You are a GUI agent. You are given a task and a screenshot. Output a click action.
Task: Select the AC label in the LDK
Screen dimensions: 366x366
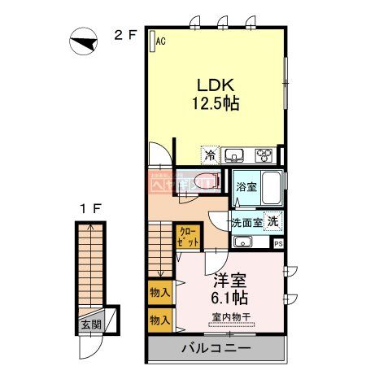tap(160, 40)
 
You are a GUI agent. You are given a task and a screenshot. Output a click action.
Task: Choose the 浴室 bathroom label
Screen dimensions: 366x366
tap(245, 185)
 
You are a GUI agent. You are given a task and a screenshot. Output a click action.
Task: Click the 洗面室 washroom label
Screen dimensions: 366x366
tap(245, 220)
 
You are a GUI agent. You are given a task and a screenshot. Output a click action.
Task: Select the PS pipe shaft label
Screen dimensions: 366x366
tap(278, 243)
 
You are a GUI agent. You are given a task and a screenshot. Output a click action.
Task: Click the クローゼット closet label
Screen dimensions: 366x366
tap(186, 237)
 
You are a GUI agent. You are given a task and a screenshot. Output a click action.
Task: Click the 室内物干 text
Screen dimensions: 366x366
tap(230, 317)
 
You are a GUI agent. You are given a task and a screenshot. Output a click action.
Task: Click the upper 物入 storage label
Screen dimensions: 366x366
tap(159, 291)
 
